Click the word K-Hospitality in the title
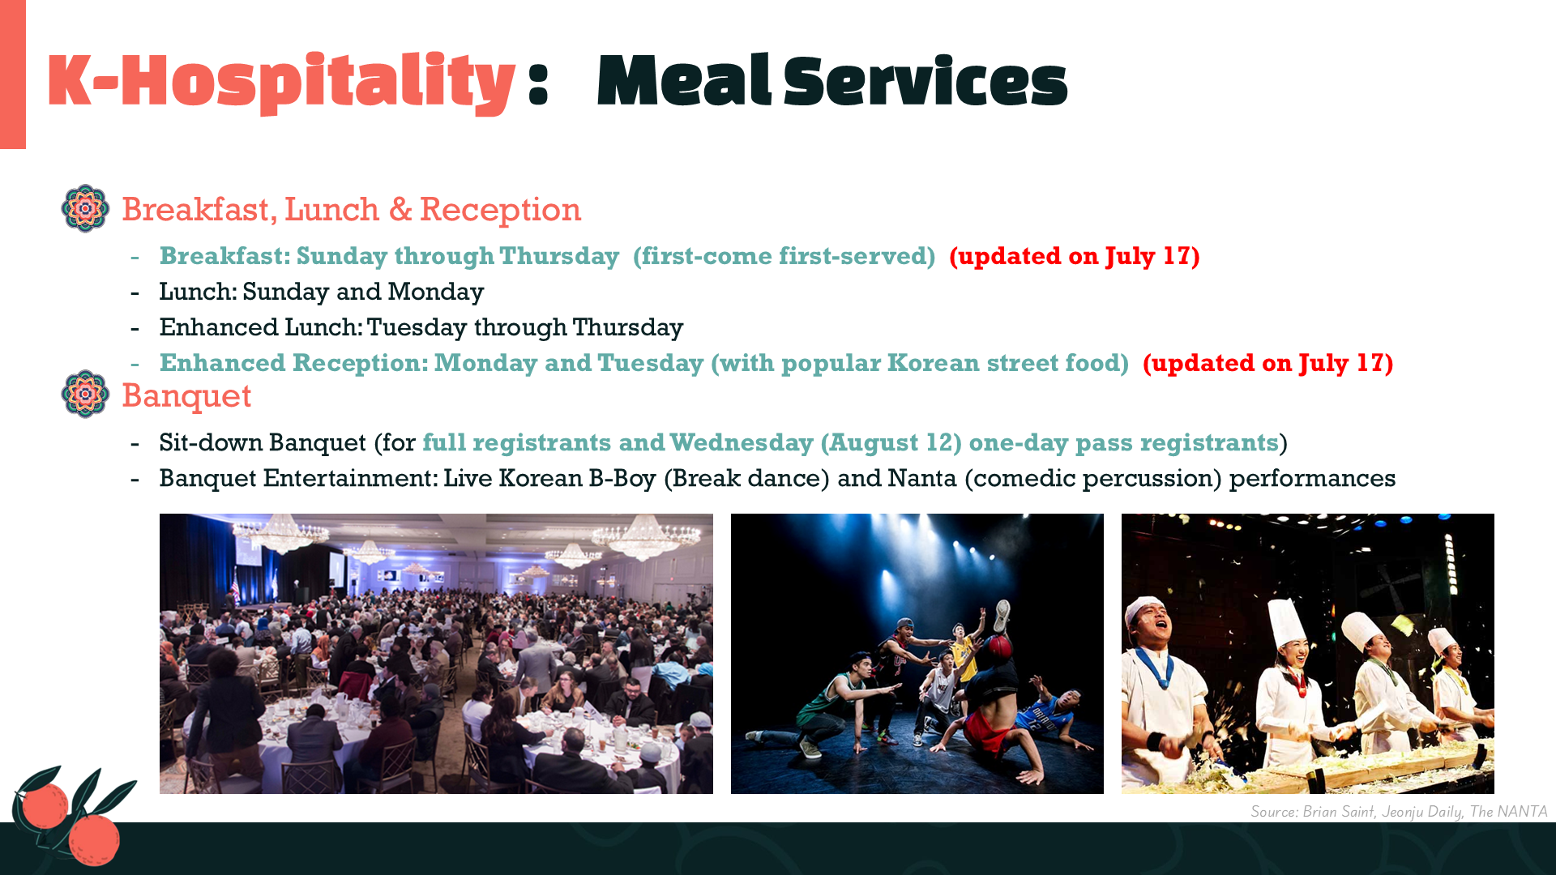tap(281, 82)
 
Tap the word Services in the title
tap(925, 82)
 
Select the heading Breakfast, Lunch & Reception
tap(351, 209)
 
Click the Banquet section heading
tap(186, 395)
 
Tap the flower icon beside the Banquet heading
tap(85, 394)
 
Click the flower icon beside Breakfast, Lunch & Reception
tap(85, 208)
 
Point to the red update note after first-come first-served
tap(1075, 256)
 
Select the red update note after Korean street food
tap(1268, 363)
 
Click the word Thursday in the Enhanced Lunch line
tap(628, 327)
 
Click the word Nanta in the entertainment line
tap(922, 478)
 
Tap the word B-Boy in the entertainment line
tap(622, 478)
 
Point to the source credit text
tap(1399, 811)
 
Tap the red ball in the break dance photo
tap(998, 650)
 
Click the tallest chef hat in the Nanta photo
tap(1286, 623)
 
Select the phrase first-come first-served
tap(784, 256)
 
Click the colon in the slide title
tap(538, 83)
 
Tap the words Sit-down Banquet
tap(263, 442)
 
